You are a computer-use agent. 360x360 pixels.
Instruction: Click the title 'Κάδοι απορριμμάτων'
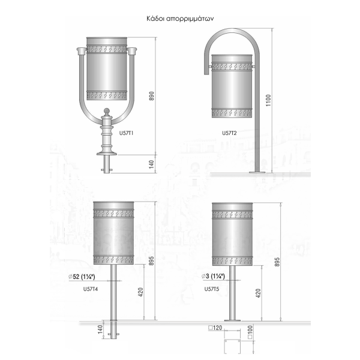tap(180, 19)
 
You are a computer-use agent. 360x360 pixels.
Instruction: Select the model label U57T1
tap(126, 133)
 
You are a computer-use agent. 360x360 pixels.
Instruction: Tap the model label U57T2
tap(229, 133)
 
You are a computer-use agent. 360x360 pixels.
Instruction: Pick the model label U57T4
tap(91, 289)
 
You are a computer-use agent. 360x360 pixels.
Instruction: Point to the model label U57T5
tap(212, 289)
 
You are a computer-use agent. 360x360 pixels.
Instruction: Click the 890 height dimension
tap(152, 96)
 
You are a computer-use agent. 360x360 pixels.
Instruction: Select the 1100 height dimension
tap(268, 100)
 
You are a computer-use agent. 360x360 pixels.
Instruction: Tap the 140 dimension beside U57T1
tap(151, 164)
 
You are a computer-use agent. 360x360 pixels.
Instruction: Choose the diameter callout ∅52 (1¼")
tap(82, 277)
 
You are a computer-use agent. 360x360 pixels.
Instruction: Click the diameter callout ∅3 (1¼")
tap(213, 276)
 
